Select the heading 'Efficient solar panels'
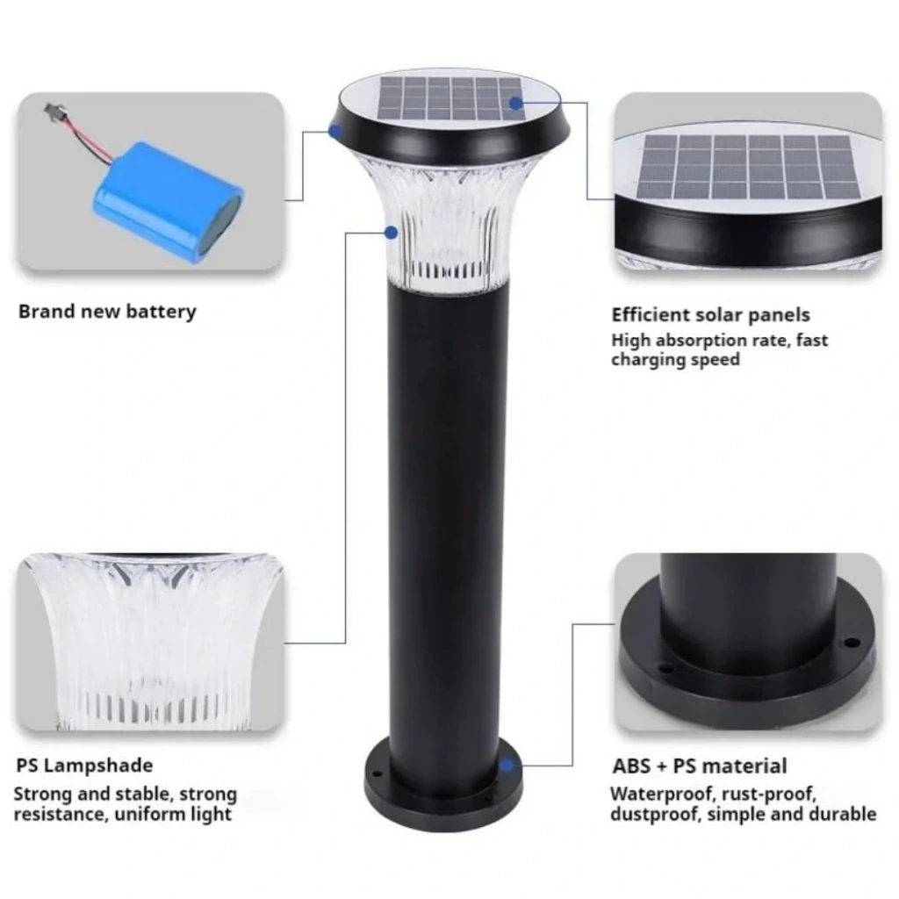(x=710, y=315)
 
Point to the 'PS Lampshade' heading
(x=84, y=766)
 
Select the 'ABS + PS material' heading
(x=700, y=766)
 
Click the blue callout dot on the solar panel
(x=516, y=104)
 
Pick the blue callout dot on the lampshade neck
(x=391, y=232)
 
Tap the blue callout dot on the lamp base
(x=507, y=765)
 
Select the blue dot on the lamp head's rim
(x=335, y=131)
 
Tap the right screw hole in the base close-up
(x=852, y=642)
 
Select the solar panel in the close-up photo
(x=749, y=166)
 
